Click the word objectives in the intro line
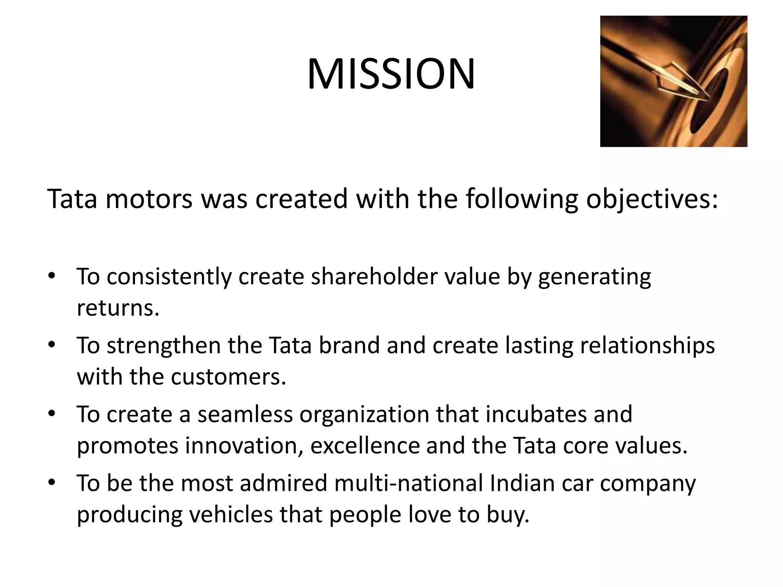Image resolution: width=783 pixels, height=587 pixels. (x=652, y=199)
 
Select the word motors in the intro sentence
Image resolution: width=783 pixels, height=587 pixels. (x=149, y=199)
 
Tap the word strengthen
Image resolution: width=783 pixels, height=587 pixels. (x=163, y=345)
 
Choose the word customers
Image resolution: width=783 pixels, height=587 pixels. (x=228, y=377)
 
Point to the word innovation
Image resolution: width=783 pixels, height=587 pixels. (x=244, y=446)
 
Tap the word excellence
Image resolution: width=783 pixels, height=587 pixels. (x=365, y=446)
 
